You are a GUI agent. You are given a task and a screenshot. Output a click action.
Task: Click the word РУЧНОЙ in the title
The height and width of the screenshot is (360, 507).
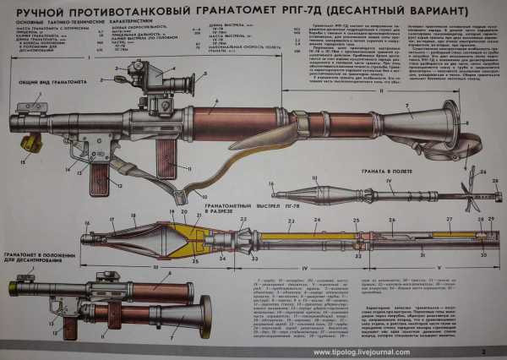[53, 11]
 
